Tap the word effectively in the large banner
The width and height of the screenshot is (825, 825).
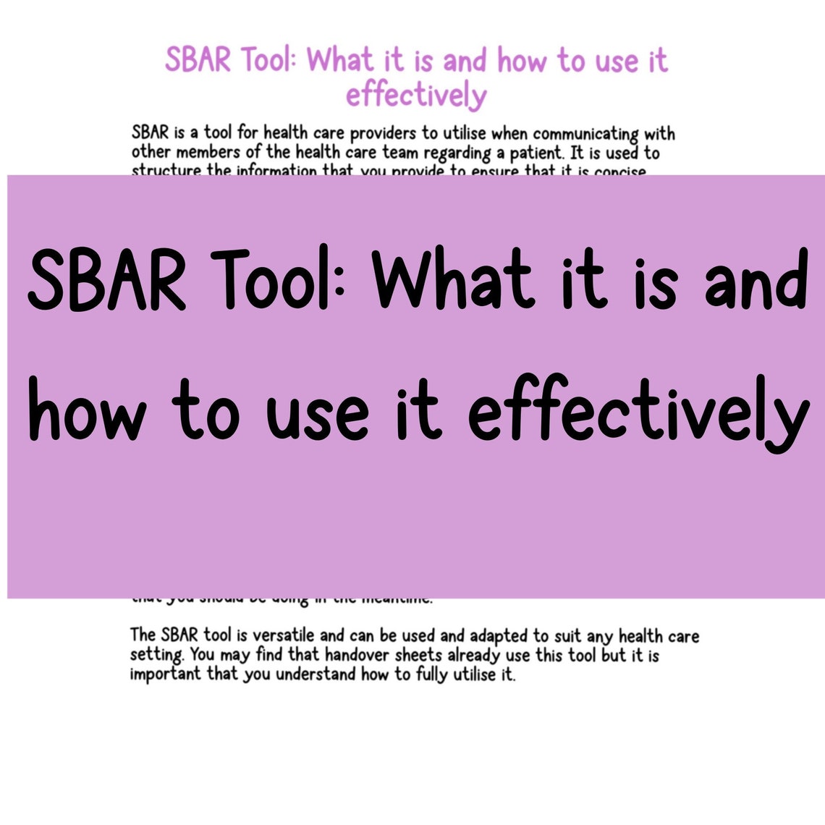click(637, 414)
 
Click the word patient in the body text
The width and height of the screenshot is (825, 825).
click(530, 153)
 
